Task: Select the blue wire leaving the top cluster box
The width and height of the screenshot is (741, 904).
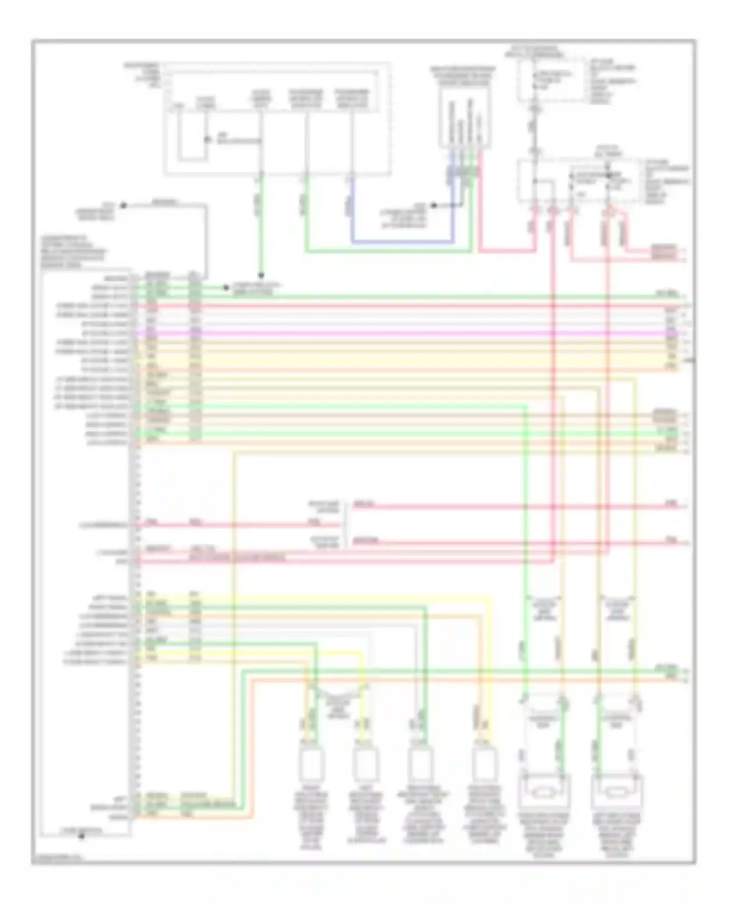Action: pyautogui.click(x=395, y=242)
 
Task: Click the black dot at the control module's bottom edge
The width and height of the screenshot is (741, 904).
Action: pyautogui.click(x=82, y=836)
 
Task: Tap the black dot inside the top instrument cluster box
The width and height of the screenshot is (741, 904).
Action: pyautogui.click(x=207, y=140)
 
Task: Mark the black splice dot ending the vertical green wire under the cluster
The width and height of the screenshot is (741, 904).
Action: pyautogui.click(x=261, y=275)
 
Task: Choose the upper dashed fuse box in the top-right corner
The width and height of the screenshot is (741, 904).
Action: pyautogui.click(x=551, y=79)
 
